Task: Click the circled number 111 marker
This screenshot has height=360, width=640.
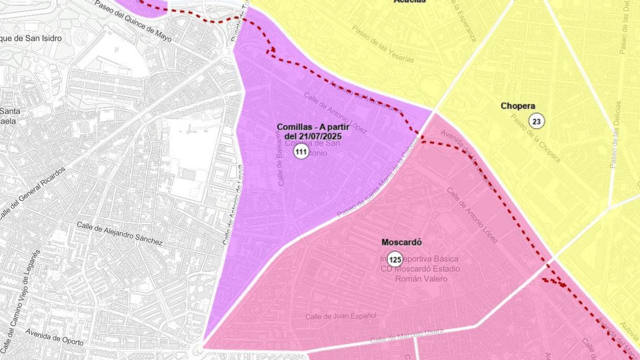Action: [x=301, y=153]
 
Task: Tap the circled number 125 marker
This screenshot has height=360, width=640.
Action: [x=395, y=260]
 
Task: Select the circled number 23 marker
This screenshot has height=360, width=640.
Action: [x=537, y=122]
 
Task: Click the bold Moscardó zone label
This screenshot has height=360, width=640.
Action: [x=402, y=242]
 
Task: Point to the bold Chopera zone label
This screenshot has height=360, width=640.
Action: [x=518, y=106]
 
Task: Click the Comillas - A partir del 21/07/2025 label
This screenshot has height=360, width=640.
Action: [x=309, y=131]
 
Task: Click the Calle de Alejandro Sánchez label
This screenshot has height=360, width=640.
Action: [x=119, y=233]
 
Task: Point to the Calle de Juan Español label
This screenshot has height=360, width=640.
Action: [x=341, y=316]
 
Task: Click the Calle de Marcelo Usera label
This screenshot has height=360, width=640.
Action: [x=406, y=336]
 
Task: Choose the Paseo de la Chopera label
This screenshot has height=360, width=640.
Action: [x=535, y=138]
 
